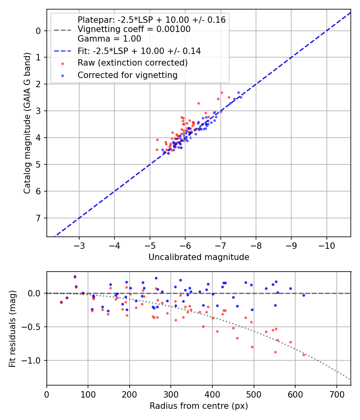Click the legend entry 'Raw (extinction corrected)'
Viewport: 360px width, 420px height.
(x=132, y=63)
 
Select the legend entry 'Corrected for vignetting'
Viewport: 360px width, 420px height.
(x=127, y=75)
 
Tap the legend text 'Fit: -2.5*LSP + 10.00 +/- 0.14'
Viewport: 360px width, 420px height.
(x=139, y=51)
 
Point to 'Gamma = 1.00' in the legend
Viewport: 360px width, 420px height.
(x=109, y=39)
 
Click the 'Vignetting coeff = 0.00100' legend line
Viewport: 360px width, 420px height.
(x=134, y=29)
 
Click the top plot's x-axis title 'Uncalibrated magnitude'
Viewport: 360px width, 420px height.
(x=199, y=257)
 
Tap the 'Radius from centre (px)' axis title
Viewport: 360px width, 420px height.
(x=199, y=406)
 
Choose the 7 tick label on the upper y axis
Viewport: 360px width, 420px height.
(x=39, y=218)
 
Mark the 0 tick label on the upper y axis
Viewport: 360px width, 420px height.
(x=39, y=31)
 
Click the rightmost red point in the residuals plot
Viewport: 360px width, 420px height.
(x=304, y=355)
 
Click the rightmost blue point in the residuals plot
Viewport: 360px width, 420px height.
(x=304, y=295)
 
